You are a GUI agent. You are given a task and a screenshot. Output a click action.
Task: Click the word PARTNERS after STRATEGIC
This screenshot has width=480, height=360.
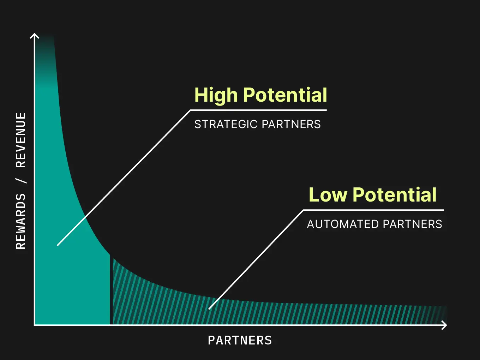pos(291,124)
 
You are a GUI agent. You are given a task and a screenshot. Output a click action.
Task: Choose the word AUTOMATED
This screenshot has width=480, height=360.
pos(343,224)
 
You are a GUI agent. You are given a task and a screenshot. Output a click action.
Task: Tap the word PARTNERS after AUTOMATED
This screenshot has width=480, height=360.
pos(412,224)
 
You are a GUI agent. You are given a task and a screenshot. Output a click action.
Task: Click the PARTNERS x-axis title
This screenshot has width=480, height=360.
pos(240,340)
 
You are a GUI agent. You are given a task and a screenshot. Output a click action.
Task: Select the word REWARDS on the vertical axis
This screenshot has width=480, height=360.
pos(21,221)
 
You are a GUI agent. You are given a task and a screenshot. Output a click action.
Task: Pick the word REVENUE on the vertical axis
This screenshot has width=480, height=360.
pos(21,140)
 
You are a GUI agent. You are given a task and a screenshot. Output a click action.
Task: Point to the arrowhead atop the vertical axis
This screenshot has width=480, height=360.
pos(35,35)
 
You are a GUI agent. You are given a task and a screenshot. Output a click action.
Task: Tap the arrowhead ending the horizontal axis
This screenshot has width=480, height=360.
pos(445,325)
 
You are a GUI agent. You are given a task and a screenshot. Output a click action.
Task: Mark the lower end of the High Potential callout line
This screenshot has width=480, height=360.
pos(58,245)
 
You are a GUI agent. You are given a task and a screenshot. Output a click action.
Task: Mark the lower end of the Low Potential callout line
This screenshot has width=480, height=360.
pos(209,309)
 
